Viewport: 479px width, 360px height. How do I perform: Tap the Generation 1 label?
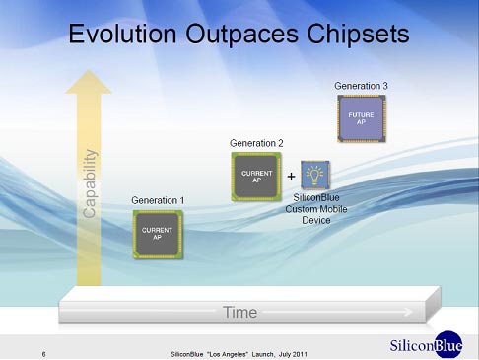(x=158, y=200)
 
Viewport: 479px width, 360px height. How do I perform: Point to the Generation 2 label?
(x=256, y=143)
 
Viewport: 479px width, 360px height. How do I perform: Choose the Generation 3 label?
(x=361, y=86)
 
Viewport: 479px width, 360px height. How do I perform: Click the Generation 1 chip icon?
(x=158, y=234)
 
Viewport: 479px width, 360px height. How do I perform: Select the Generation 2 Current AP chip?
(x=256, y=176)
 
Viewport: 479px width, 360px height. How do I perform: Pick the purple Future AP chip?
(x=361, y=118)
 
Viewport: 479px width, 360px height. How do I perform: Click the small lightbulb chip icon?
(x=315, y=175)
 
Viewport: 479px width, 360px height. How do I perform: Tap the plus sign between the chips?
(x=291, y=177)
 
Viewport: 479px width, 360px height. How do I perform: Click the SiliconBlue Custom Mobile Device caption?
(x=315, y=208)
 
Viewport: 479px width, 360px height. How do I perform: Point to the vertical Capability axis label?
(x=91, y=182)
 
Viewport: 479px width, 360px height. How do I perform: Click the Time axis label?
(x=239, y=312)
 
